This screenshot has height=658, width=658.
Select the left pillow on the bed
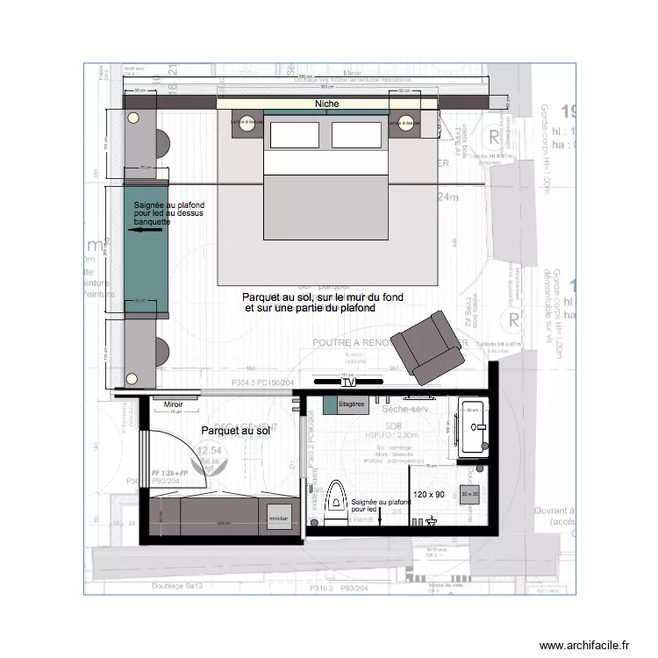[x=294, y=135]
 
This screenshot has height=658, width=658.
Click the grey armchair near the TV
[x=427, y=347]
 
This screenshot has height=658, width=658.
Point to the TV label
[x=348, y=383]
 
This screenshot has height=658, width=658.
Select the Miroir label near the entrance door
[x=173, y=404]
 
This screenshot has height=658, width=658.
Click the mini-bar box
[x=278, y=511]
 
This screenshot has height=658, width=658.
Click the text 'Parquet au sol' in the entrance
[x=235, y=431]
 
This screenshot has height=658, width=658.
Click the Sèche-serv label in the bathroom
[x=404, y=410]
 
